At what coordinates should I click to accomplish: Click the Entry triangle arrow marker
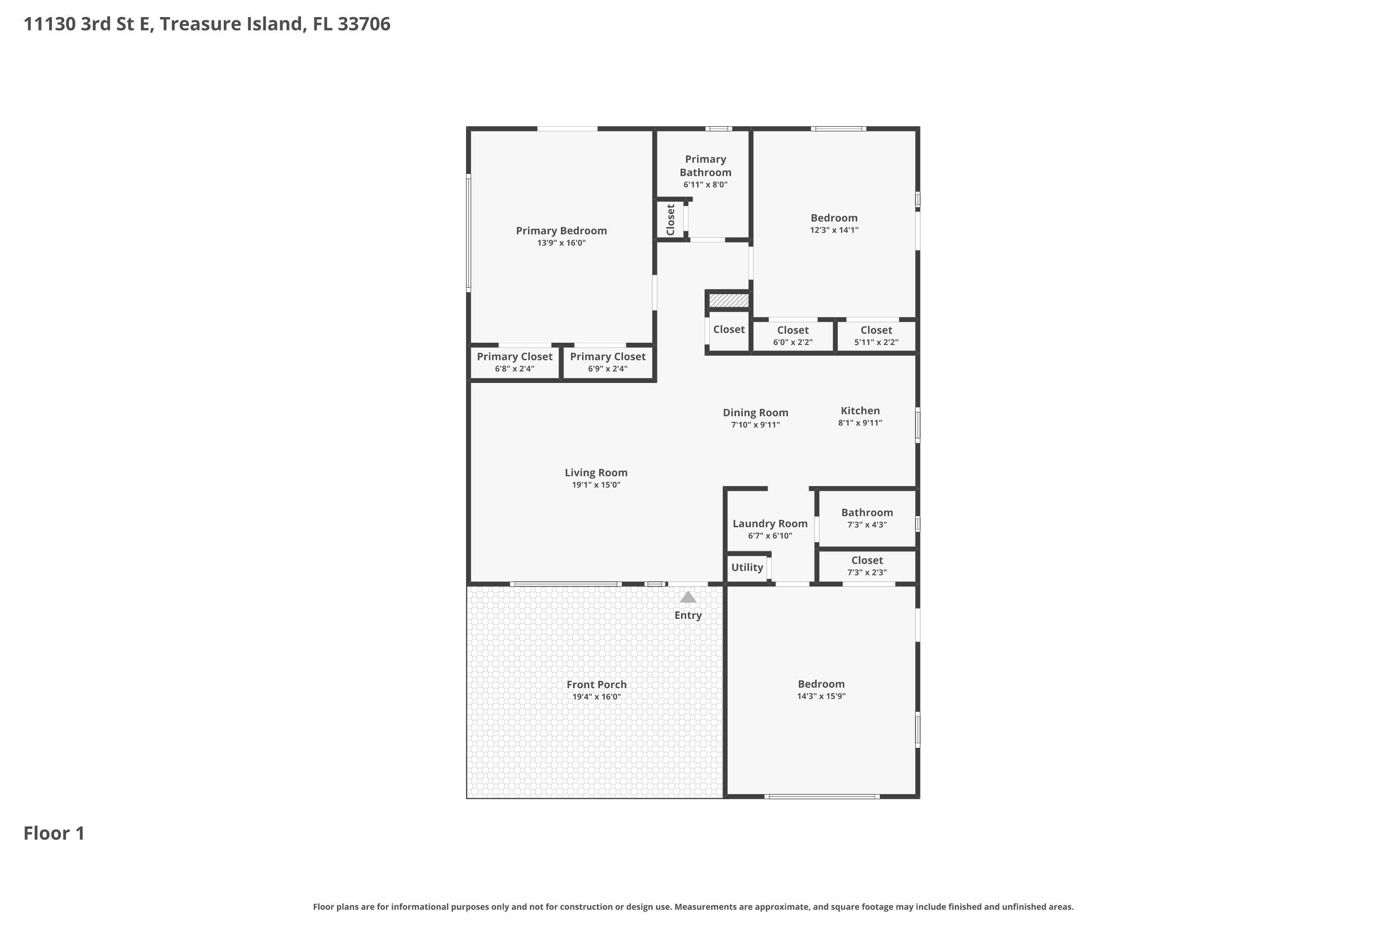[687, 597]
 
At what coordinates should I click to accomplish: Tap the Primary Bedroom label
[561, 231]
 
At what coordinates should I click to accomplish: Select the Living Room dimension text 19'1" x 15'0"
[595, 485]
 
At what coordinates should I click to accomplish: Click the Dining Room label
[755, 413]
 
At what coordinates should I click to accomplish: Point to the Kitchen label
[860, 411]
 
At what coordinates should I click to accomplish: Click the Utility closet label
[747, 567]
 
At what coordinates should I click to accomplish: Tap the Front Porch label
[596, 684]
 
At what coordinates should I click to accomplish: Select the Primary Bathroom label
[706, 166]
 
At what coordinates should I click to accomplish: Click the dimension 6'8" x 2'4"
[514, 369]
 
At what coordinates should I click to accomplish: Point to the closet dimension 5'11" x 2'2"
[876, 343]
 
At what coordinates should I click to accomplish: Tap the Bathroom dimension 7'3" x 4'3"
[867, 525]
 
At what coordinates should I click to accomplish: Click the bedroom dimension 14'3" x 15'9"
[821, 696]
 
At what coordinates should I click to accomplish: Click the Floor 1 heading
[54, 833]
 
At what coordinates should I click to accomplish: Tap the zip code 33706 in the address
[364, 24]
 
